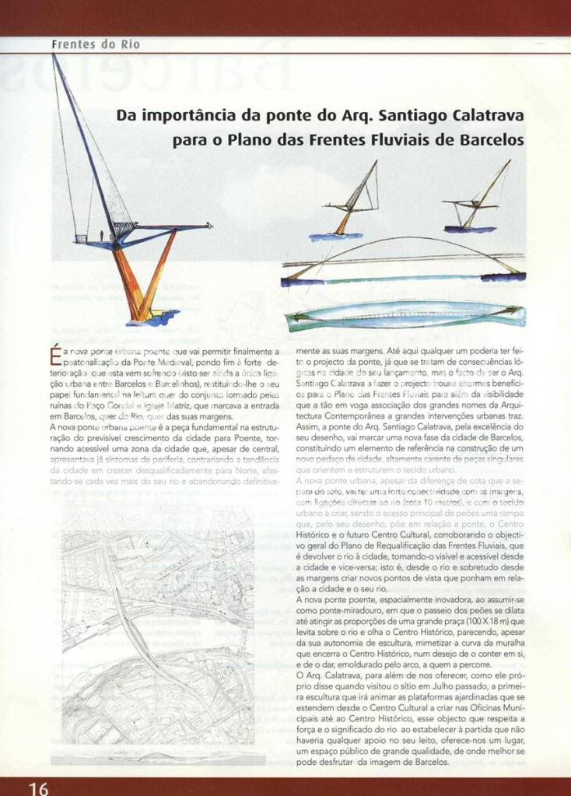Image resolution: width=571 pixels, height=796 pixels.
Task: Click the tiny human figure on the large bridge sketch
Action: (103, 234)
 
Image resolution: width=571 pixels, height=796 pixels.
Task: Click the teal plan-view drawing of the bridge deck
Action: (405, 316)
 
